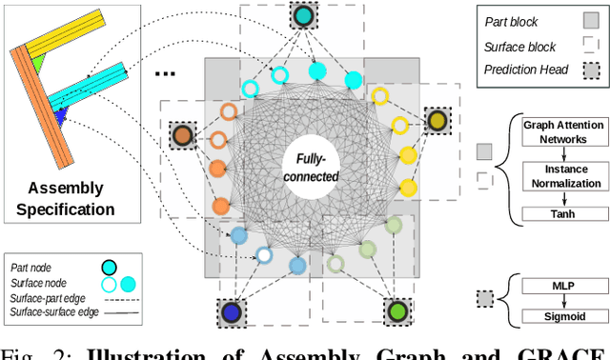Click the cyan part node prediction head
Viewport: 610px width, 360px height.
pyautogui.click(x=304, y=16)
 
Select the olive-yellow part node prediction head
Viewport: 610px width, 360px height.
pyautogui.click(x=437, y=120)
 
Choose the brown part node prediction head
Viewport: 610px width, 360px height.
pyautogui.click(x=183, y=135)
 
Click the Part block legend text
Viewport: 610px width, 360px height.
pyautogui.click(x=511, y=20)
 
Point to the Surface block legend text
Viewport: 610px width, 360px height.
pyautogui.click(x=519, y=44)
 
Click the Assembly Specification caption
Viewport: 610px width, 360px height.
pyautogui.click(x=71, y=199)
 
